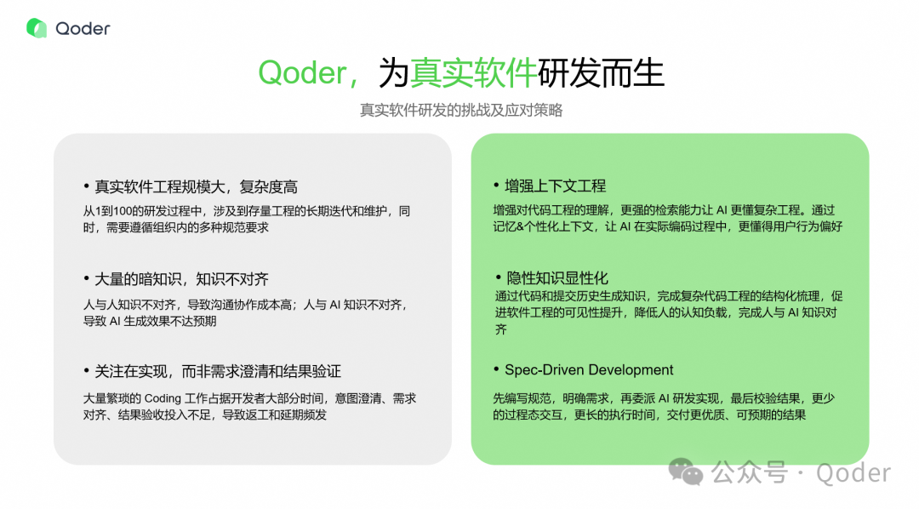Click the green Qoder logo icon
(x=37, y=28)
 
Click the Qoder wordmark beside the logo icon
(x=83, y=28)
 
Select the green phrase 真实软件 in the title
(x=473, y=74)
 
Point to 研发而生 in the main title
(x=600, y=74)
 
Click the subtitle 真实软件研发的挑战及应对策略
(x=460, y=111)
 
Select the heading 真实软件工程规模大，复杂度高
(x=196, y=186)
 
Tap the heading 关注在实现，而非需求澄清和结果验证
(x=218, y=371)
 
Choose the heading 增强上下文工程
(x=555, y=186)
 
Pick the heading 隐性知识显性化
(x=557, y=278)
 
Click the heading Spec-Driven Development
(x=589, y=370)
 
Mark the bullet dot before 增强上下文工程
(x=496, y=186)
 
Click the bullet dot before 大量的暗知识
(x=86, y=279)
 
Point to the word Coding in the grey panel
(x=163, y=398)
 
